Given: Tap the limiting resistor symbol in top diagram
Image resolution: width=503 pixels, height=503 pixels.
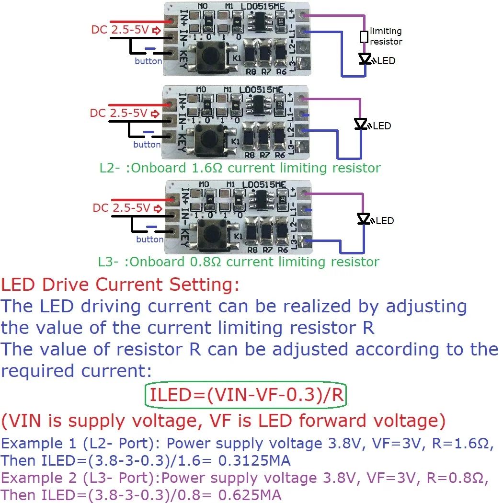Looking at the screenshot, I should [364, 37].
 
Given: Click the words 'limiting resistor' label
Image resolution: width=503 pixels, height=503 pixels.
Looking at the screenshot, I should [386, 36].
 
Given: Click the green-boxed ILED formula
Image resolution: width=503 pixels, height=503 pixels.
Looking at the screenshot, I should [246, 395].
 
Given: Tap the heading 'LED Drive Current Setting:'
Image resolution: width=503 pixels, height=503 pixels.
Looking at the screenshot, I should [119, 285].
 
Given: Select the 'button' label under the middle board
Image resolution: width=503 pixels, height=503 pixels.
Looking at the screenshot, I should [147, 145].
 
